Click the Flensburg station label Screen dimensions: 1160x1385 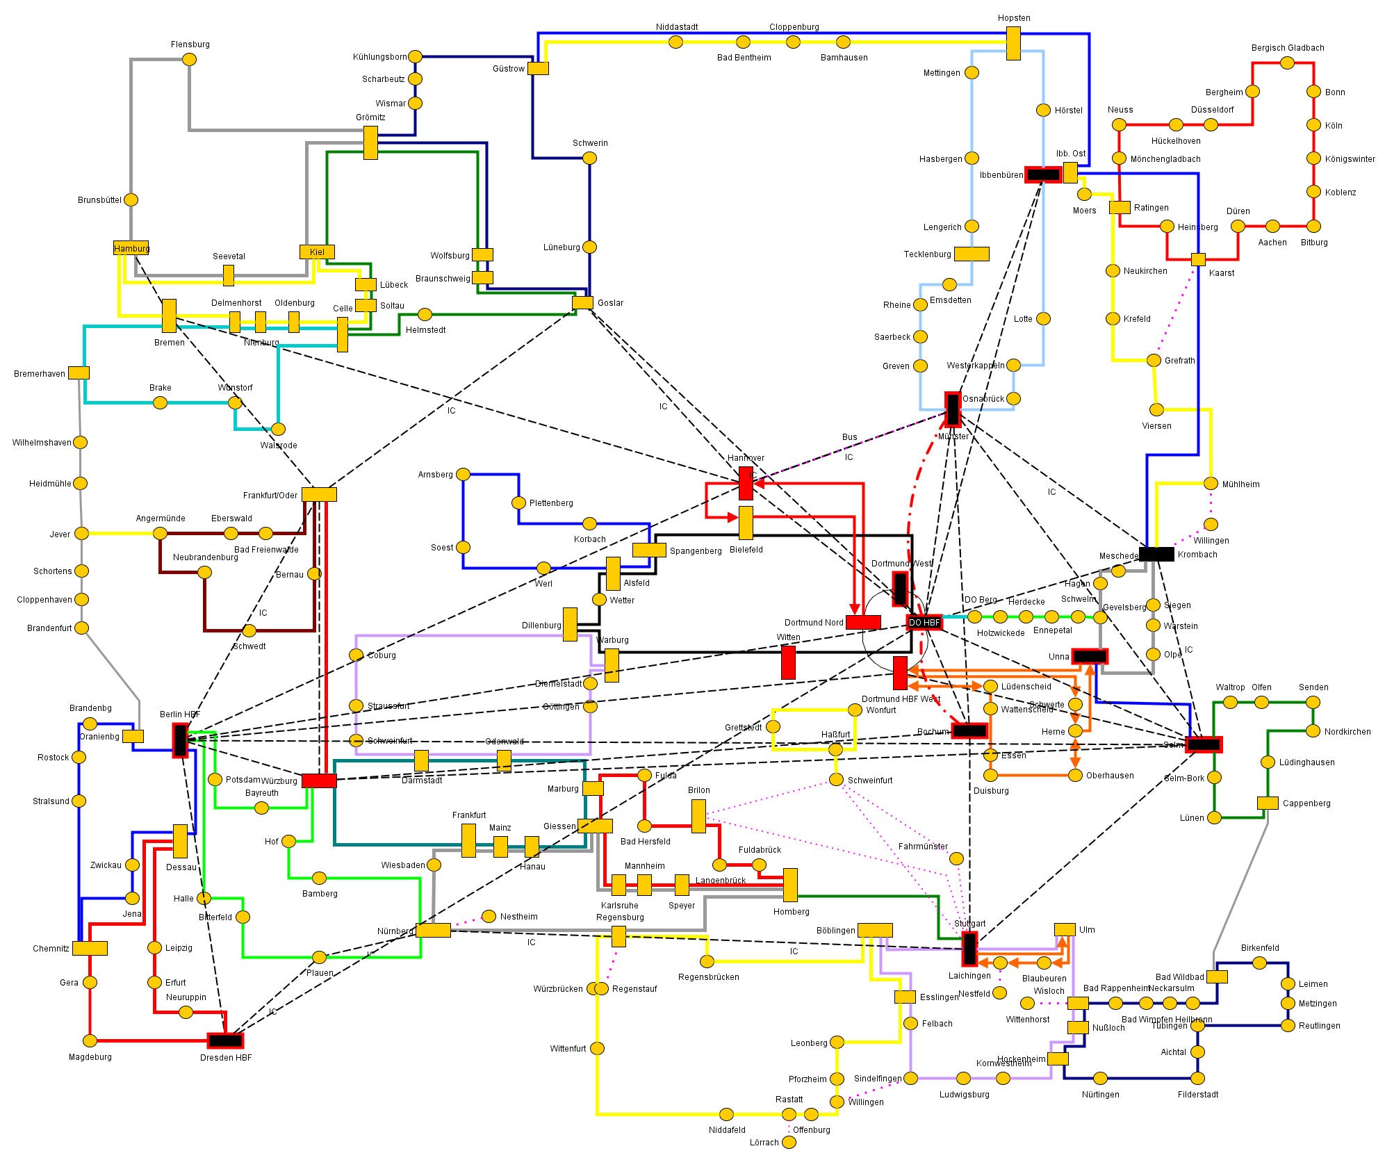[190, 44]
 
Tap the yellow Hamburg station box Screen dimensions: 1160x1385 [131, 248]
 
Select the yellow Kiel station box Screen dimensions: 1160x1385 [317, 252]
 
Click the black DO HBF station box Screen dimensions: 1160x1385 [924, 622]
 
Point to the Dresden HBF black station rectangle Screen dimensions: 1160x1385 [225, 1040]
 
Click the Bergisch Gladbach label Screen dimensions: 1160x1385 [1287, 48]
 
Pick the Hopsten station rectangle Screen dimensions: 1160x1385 [1013, 43]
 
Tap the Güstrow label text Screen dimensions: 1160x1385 [508, 69]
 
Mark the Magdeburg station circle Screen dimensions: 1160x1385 [90, 1040]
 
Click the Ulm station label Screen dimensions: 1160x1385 [1087, 930]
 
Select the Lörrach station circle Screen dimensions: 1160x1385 [789, 1142]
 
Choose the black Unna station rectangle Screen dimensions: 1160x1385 [1090, 655]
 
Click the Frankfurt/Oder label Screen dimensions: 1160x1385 [270, 496]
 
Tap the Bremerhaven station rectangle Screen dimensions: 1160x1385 [79, 373]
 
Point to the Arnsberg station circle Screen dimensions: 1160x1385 [463, 474]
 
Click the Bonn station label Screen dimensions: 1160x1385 [1334, 92]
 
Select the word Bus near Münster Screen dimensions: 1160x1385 [849, 437]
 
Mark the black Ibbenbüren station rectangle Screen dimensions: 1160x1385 [1043, 174]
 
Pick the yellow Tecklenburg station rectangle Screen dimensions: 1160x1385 [972, 254]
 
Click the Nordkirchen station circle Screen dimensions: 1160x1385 [1313, 730]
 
